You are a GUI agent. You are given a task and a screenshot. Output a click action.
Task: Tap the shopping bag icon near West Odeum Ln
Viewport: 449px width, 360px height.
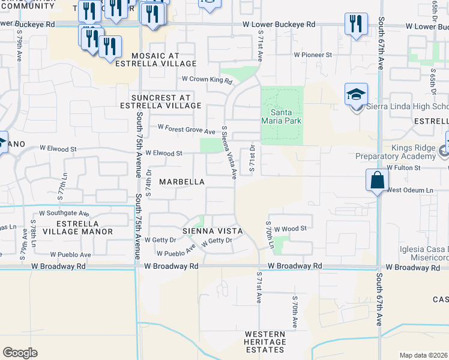click(377, 180)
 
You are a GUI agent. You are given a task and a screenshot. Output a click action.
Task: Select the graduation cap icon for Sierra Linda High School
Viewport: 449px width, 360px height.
click(356, 95)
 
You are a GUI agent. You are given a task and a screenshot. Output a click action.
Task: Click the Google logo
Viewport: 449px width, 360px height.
click(20, 353)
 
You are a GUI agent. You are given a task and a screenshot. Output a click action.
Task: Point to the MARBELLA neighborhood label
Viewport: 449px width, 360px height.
click(182, 181)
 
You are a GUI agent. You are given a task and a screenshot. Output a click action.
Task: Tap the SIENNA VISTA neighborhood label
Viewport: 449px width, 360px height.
click(213, 230)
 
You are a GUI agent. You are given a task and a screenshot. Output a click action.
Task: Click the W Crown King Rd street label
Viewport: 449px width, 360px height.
click(207, 79)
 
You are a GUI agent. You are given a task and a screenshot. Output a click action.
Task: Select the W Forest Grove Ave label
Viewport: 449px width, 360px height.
click(186, 128)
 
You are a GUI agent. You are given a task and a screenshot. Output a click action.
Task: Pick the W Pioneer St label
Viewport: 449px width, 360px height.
click(313, 55)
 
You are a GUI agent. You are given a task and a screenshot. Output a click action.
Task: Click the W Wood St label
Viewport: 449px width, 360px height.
click(291, 228)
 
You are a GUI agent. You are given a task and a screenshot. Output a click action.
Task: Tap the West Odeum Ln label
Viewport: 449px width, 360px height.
click(409, 190)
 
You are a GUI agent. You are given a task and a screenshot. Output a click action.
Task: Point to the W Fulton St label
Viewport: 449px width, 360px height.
click(408, 168)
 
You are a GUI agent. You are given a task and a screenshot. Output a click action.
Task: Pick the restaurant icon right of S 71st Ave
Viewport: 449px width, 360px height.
click(356, 24)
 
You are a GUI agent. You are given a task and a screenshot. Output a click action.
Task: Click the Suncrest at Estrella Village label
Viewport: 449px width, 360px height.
click(167, 101)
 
